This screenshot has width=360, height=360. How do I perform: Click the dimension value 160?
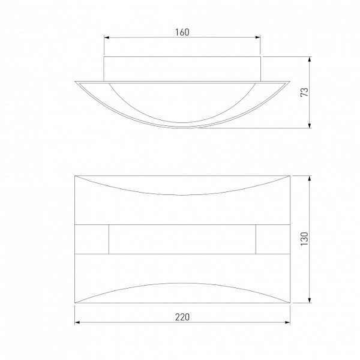click(x=182, y=32)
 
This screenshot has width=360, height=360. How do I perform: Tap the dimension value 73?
click(x=305, y=92)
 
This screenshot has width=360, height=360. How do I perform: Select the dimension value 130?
click(x=305, y=239)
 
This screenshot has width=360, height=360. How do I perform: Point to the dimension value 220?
click(x=182, y=317)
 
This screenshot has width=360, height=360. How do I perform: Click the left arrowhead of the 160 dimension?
click(x=107, y=37)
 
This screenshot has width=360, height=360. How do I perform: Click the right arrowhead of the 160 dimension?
click(x=257, y=37)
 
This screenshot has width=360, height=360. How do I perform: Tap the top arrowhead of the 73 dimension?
click(x=310, y=59)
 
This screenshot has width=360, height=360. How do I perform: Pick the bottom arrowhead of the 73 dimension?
click(x=310, y=125)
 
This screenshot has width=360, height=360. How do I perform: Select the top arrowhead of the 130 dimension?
click(x=310, y=178)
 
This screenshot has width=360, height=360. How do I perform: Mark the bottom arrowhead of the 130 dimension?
click(x=310, y=300)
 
